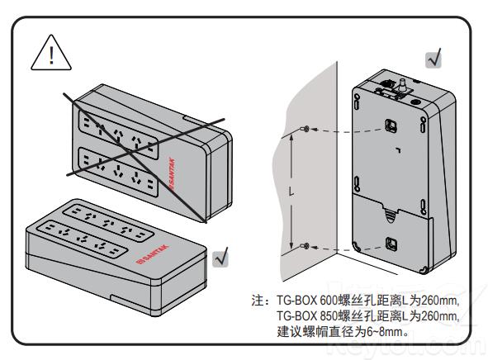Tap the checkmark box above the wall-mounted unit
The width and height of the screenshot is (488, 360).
433,59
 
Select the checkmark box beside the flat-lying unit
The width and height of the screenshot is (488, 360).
220,257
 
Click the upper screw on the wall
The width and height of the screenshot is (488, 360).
306,130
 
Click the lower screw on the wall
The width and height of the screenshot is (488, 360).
306,246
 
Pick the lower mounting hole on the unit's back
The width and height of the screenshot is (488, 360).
392,244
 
